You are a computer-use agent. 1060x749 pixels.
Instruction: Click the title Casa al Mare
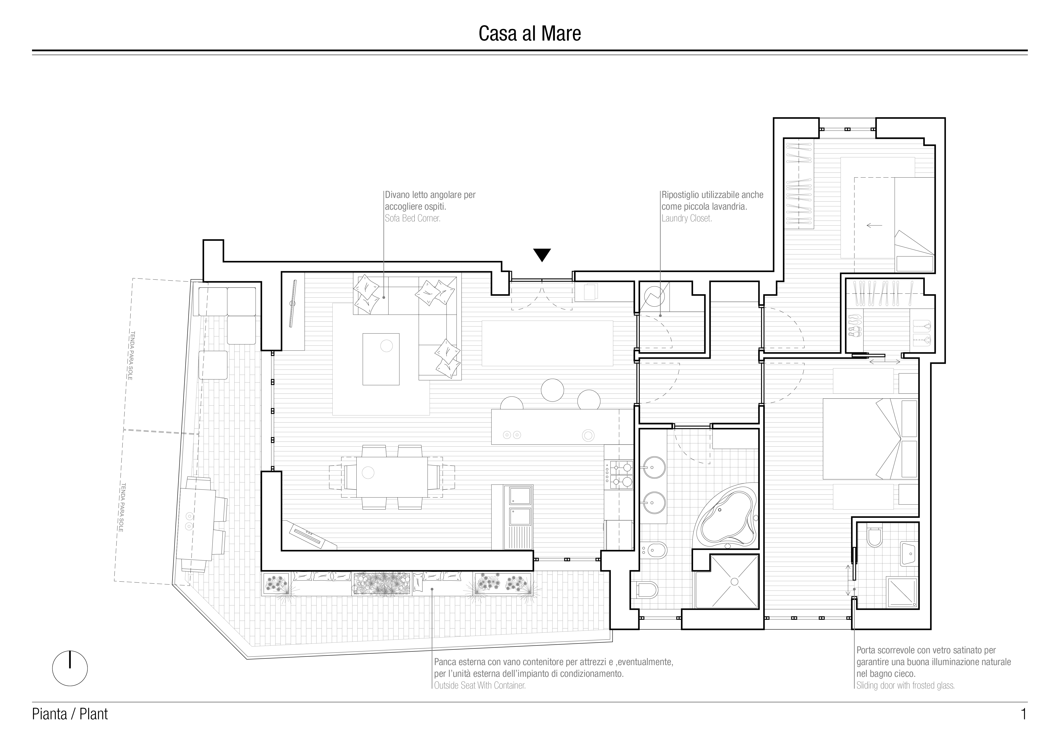[529, 34]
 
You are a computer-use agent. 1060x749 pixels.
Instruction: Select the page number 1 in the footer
[1023, 714]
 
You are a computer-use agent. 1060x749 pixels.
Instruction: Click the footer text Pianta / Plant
[70, 714]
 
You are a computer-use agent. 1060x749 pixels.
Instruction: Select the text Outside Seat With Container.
[480, 685]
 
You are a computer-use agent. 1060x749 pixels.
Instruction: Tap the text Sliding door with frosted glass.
[905, 685]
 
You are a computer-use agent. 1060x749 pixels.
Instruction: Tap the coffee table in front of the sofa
[381, 359]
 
